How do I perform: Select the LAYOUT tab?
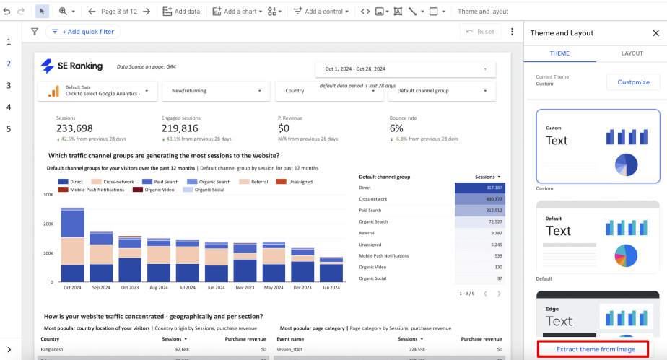[632, 53]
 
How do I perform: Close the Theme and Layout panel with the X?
[655, 33]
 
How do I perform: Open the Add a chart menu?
[237, 12]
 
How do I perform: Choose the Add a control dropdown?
[321, 12]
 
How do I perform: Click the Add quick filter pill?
[82, 32]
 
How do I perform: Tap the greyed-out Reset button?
[480, 32]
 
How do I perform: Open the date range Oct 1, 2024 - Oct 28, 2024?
[406, 69]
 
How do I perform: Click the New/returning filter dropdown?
[220, 91]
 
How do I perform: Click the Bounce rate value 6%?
[396, 128]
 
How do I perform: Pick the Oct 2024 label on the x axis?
[72, 286]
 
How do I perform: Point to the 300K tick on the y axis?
[49, 195]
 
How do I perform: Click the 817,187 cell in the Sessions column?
[478, 188]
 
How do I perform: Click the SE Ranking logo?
[72, 66]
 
